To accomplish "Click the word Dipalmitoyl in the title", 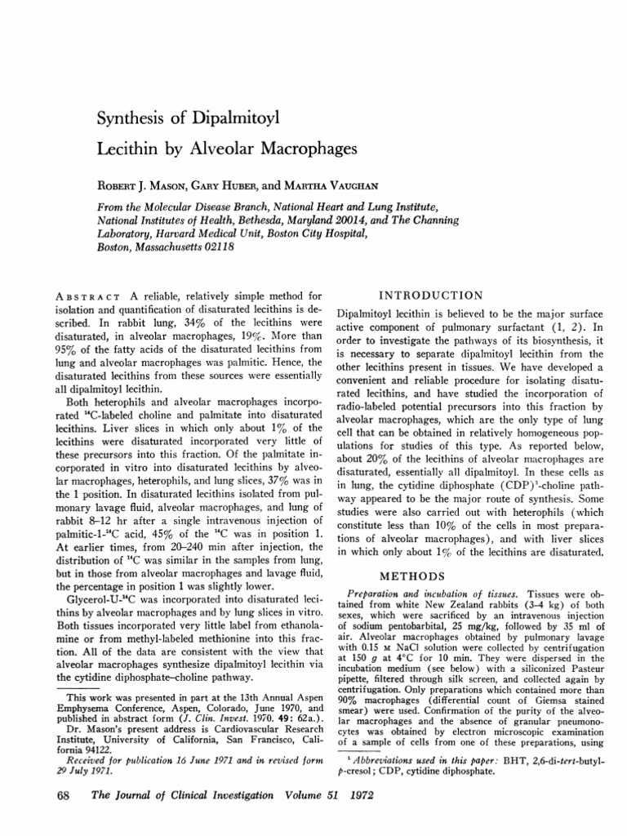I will click(231, 120).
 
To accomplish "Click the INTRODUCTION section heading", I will click(432, 295).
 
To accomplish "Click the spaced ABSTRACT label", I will click(91, 296).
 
